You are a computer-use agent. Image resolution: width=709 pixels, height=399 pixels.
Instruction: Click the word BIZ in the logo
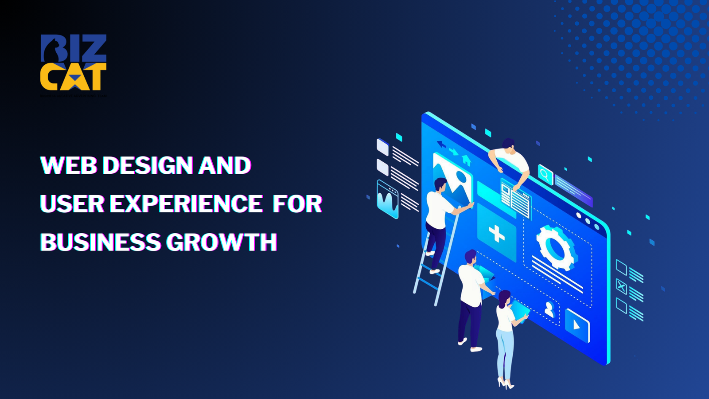[x=74, y=48]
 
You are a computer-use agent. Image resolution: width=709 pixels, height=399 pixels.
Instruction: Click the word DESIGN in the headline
[x=148, y=166]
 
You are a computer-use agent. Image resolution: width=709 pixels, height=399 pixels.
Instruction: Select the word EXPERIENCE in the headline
[x=186, y=204]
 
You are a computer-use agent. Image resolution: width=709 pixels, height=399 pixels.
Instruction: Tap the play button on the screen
[x=577, y=326]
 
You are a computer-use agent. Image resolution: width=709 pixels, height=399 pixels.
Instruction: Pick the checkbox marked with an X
[x=621, y=287]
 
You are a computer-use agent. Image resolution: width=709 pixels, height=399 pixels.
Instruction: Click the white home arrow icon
[x=466, y=160]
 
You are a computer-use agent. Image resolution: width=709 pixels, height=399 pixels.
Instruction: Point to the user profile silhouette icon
[x=549, y=309]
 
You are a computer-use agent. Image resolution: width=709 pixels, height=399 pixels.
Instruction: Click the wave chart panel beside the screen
[x=387, y=199]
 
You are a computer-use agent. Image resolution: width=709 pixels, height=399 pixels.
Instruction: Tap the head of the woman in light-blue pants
[x=504, y=297]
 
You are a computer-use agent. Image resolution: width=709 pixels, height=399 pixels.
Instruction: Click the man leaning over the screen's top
[x=510, y=160]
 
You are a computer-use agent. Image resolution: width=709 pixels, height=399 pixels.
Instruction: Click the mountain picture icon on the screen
[x=452, y=180]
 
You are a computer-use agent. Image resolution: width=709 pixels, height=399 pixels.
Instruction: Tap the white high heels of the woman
[x=505, y=383]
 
